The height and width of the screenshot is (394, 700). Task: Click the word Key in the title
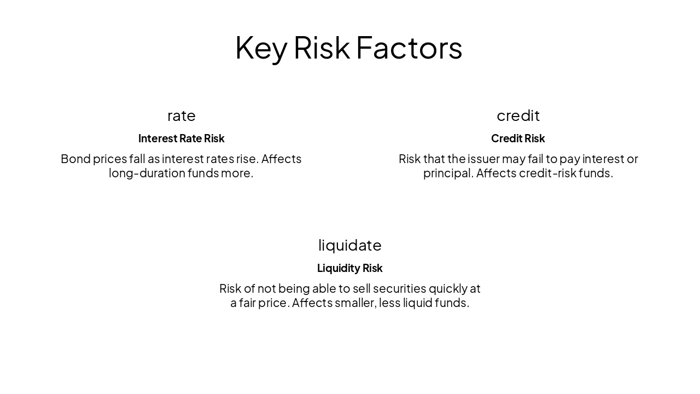pos(260,48)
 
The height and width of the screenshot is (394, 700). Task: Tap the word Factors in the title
pos(409,48)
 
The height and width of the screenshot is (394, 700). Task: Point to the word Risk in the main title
pos(322,48)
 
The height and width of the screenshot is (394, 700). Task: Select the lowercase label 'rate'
pos(182,115)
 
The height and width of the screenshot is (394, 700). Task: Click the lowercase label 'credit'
pos(518,115)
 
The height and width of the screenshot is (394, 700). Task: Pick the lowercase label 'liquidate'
pos(350,245)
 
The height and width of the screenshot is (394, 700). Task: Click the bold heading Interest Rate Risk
pos(182,138)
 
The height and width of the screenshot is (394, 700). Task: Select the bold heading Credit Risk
pos(518,138)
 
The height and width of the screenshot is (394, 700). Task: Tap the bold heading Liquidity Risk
pos(350,268)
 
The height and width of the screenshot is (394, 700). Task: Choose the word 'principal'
pos(447,173)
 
